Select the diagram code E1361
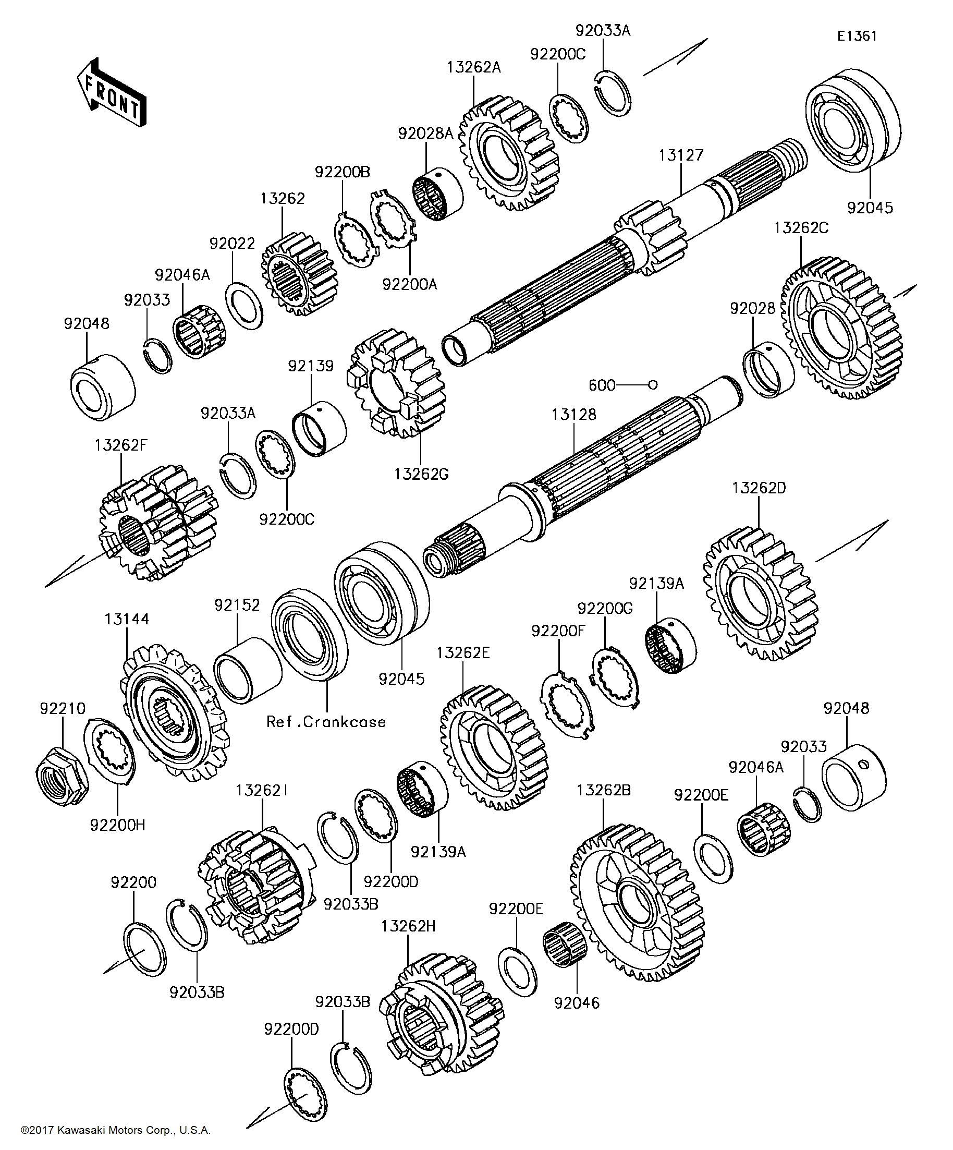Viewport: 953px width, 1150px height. [x=857, y=36]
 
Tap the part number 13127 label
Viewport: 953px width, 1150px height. [x=680, y=155]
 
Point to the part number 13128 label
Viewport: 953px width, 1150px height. [x=573, y=415]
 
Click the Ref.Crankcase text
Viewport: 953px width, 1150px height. [x=326, y=722]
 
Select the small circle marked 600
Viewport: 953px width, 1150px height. [x=653, y=385]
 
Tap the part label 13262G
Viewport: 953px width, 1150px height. [x=421, y=474]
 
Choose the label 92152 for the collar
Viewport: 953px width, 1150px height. [x=237, y=605]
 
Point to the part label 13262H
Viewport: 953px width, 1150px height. [x=408, y=926]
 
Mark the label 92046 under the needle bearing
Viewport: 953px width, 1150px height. [x=577, y=1003]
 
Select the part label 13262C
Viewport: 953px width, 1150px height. [x=801, y=228]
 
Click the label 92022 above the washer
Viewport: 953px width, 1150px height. [x=232, y=243]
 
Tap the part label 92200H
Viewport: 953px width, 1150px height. [x=118, y=825]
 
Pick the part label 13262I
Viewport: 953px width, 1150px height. [x=262, y=790]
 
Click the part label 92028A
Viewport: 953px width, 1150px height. [x=425, y=134]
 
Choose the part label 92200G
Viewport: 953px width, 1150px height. [x=605, y=609]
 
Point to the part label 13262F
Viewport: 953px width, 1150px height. [x=120, y=445]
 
